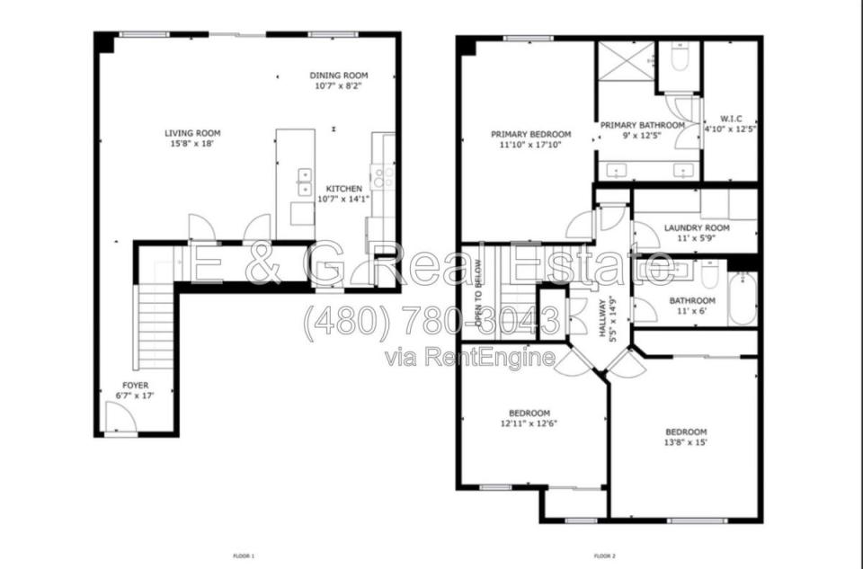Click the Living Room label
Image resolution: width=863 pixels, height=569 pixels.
[x=192, y=133]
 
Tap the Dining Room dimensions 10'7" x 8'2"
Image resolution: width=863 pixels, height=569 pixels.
[x=339, y=86]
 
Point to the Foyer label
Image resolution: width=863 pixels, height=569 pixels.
[x=136, y=386]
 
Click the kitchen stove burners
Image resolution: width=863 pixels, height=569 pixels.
[x=383, y=177]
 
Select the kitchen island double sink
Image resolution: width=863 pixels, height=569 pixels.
[x=305, y=182]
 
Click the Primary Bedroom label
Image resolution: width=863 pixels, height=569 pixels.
[x=531, y=134]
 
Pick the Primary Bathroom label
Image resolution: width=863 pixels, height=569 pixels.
[x=642, y=125]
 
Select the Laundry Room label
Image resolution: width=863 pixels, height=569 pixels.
[x=697, y=227]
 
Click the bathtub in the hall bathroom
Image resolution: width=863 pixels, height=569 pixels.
[x=743, y=298]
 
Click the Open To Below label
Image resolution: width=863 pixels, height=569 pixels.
[x=478, y=295]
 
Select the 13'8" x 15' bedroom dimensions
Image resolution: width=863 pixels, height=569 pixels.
[x=686, y=442]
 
